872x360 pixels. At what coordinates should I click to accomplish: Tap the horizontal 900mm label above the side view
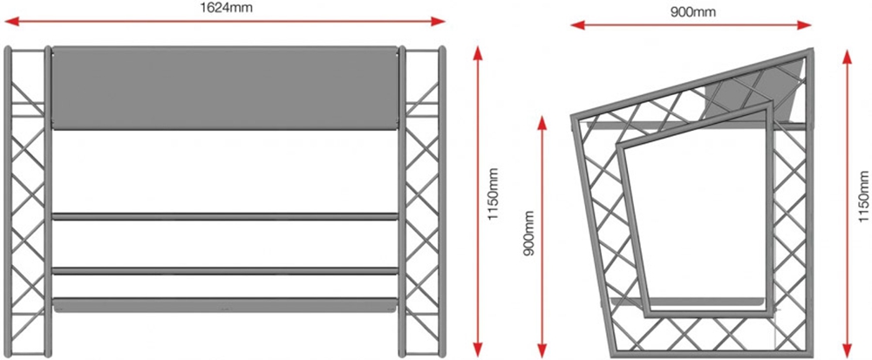tap(693, 11)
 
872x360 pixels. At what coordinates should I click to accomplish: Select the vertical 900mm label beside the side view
tap(529, 232)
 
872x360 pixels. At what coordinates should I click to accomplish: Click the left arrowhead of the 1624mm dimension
tap(12, 22)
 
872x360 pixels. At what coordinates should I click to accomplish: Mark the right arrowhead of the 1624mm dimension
tap(438, 22)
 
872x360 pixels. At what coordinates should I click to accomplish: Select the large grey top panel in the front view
tap(225, 88)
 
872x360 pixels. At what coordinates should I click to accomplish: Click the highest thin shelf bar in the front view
tap(225, 216)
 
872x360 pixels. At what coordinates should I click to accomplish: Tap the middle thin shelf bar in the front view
tap(225, 271)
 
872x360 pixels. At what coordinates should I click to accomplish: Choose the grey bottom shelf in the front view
tap(225, 305)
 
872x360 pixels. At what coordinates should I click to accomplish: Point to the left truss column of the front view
tap(28, 201)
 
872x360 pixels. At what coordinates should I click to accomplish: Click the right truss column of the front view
tap(422, 201)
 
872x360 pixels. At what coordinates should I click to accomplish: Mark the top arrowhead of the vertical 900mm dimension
tap(542, 122)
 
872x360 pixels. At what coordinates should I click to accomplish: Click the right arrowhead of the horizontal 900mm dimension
tap(804, 25)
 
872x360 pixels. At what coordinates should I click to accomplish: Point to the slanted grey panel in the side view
tap(752, 93)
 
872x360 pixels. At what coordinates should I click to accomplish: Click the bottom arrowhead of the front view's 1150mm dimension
tap(478, 349)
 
